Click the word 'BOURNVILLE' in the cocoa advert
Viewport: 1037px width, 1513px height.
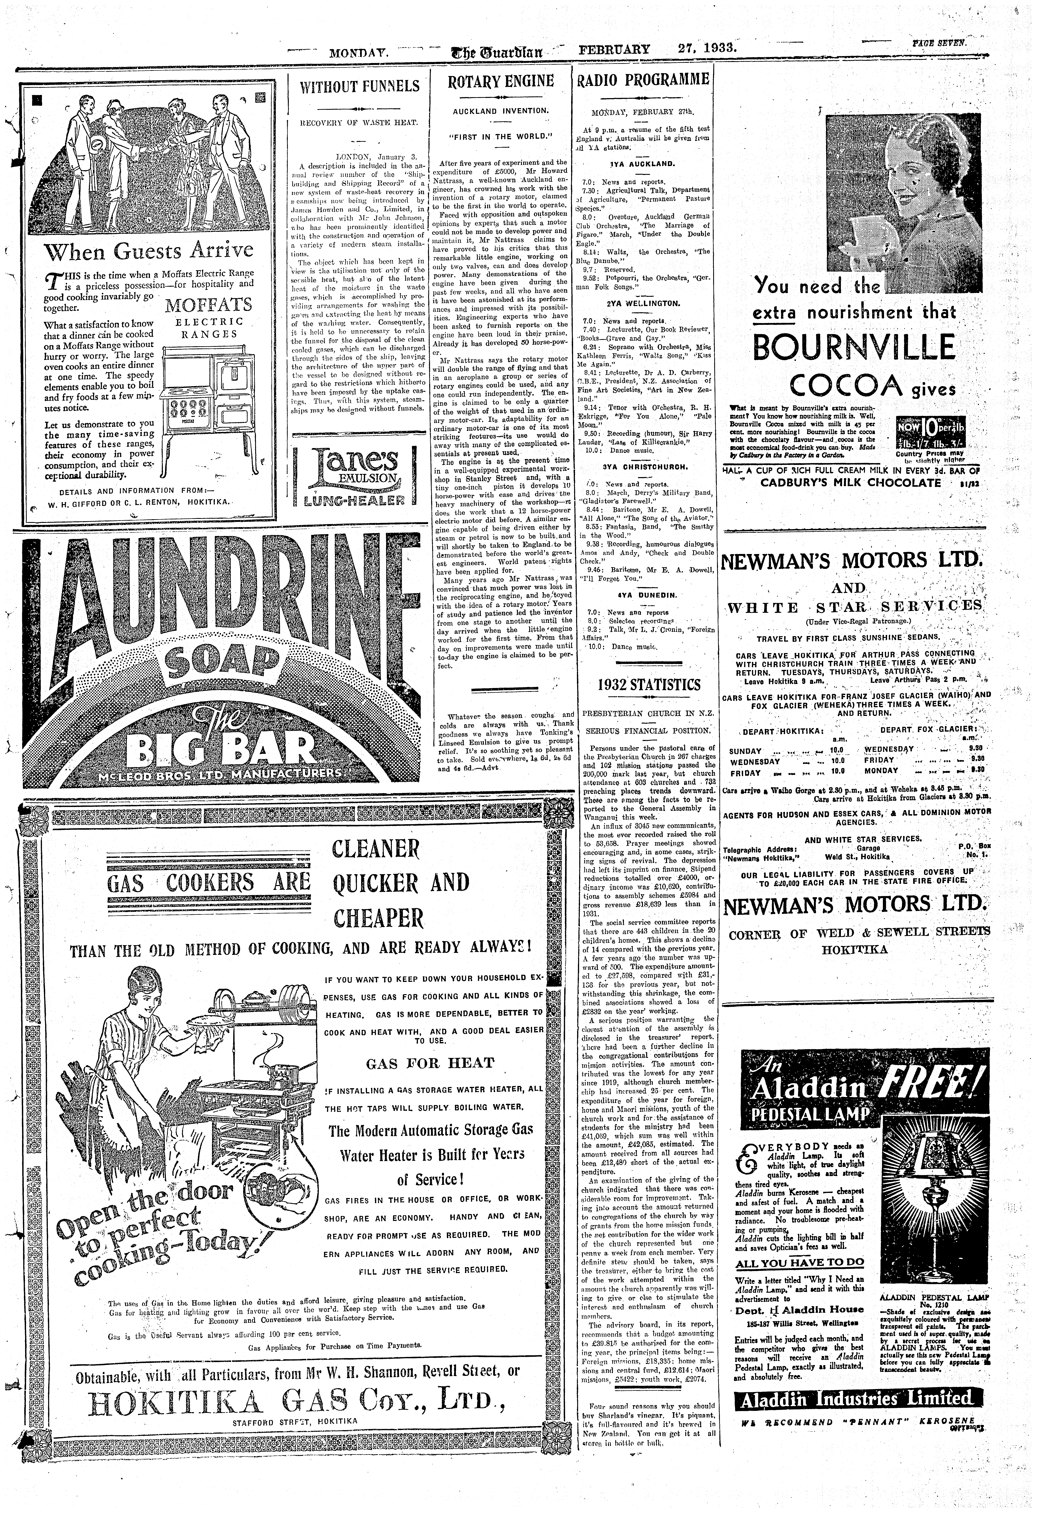point(855,347)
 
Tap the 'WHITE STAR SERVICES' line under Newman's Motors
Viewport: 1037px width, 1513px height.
point(855,607)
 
